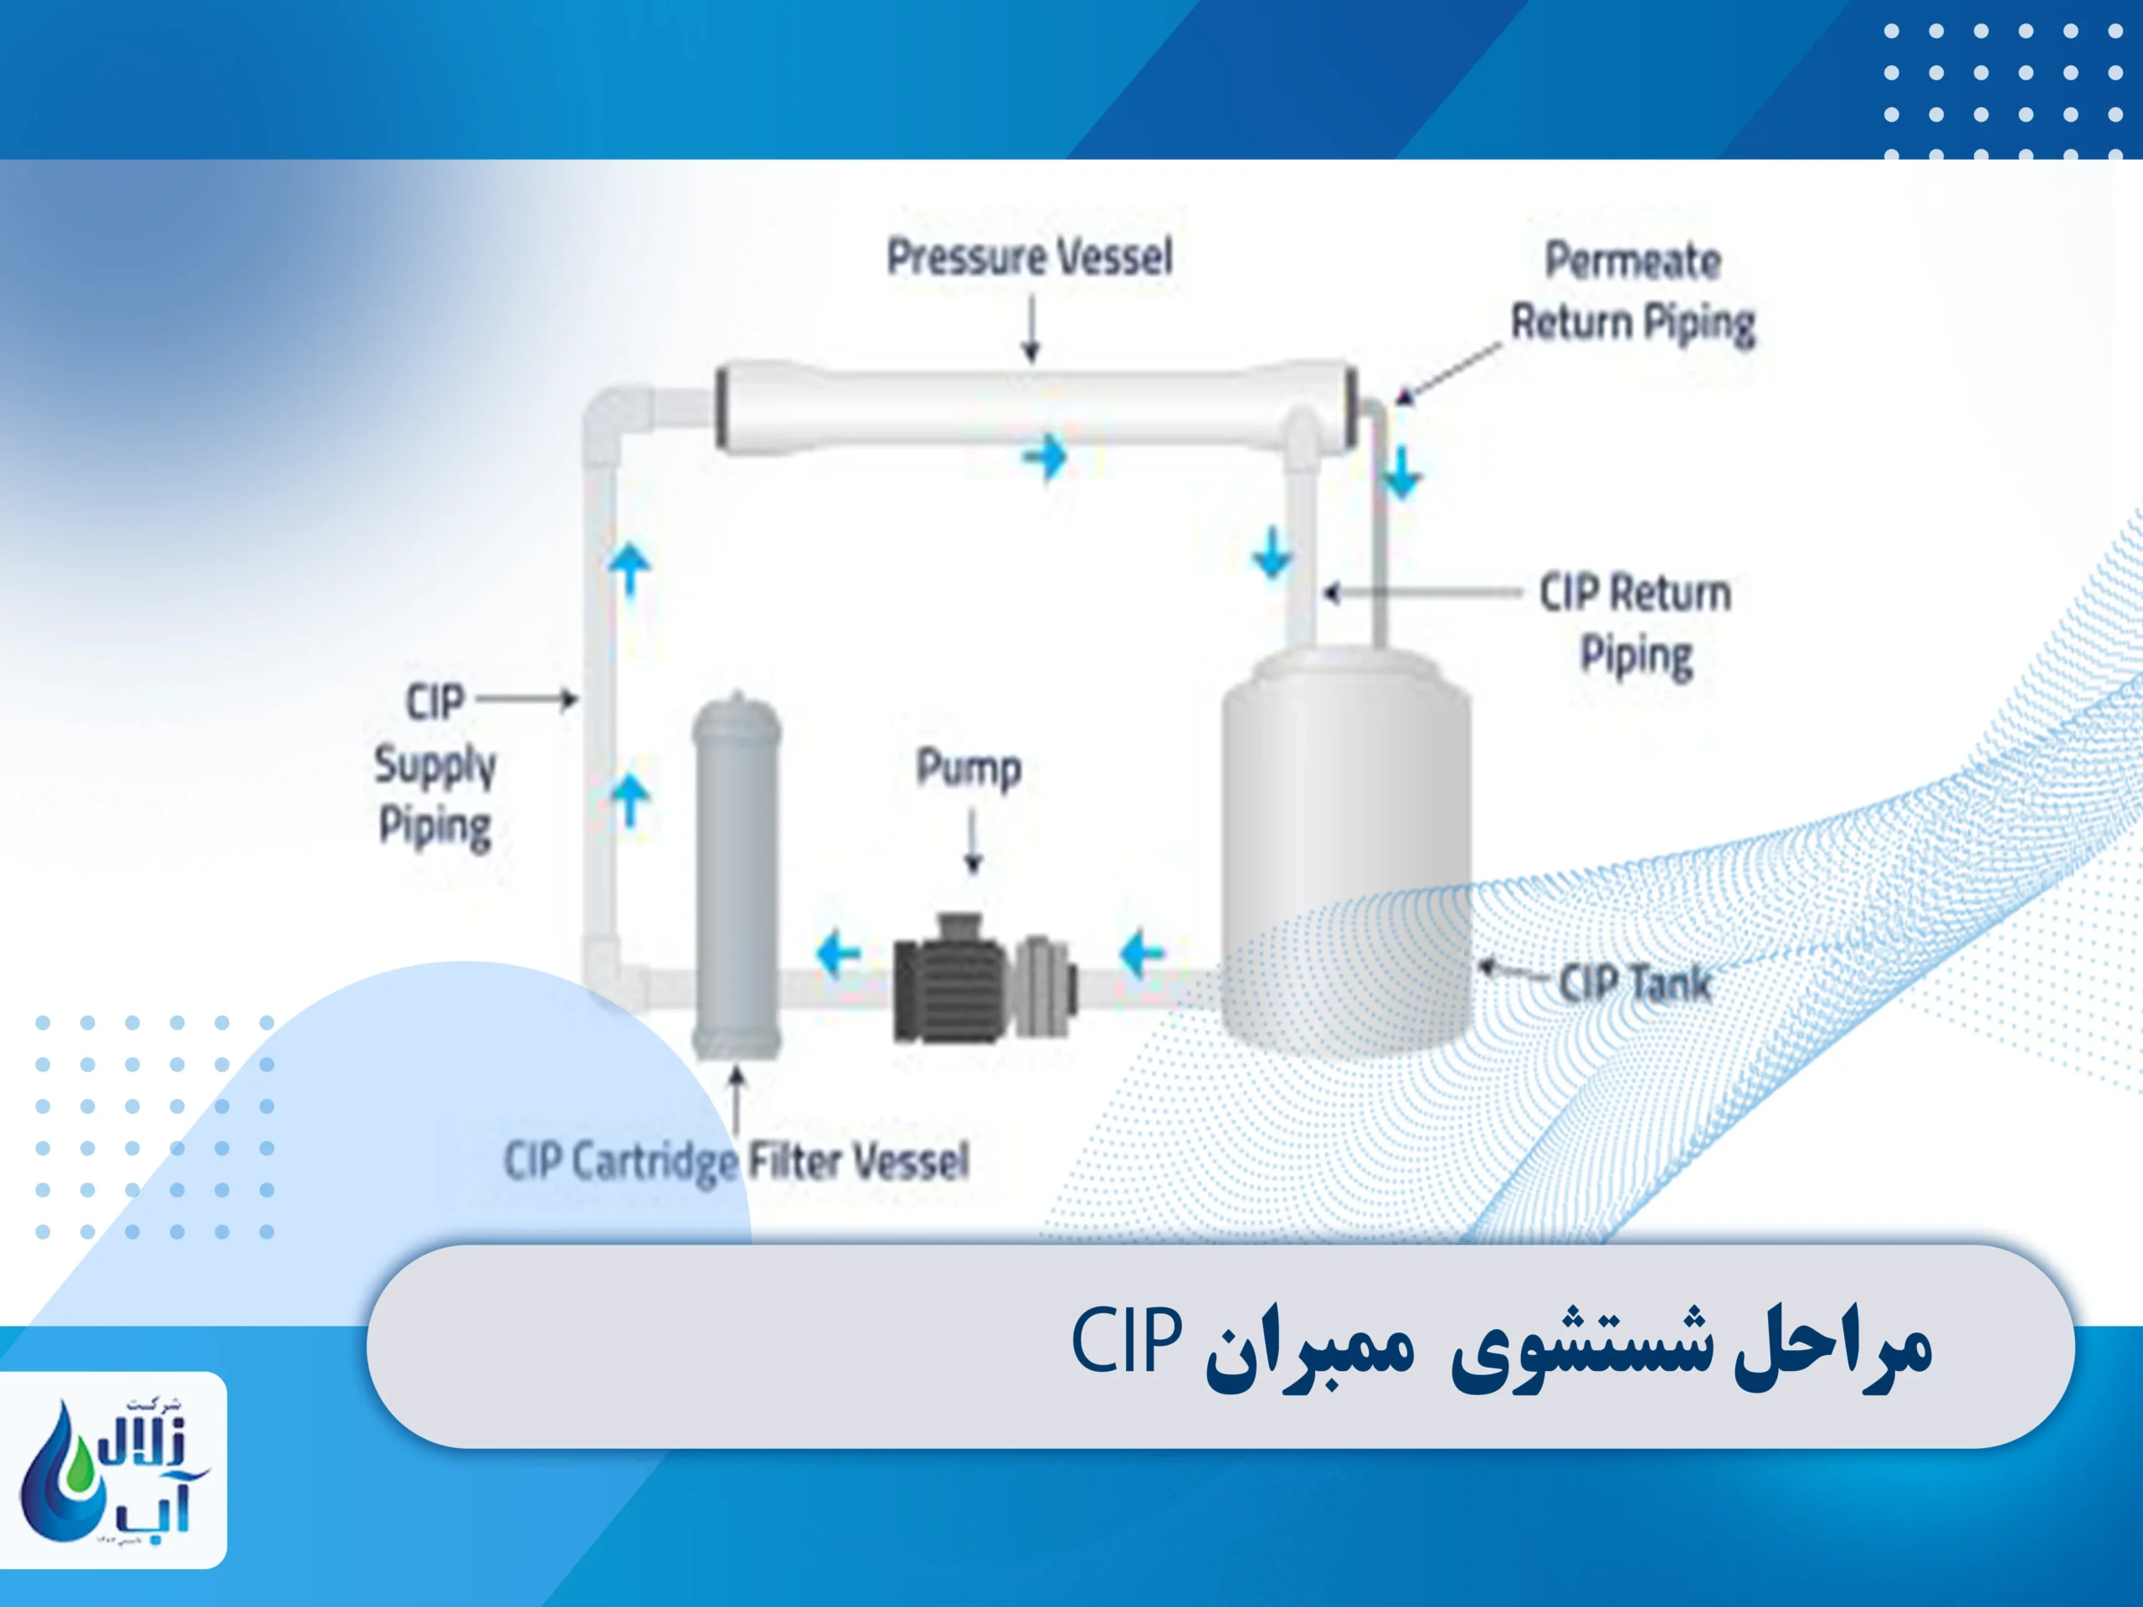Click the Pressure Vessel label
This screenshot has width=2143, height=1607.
(1029, 258)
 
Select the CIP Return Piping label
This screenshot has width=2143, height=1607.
(1636, 624)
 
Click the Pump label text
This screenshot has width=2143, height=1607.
(969, 769)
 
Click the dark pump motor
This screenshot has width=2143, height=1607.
(944, 978)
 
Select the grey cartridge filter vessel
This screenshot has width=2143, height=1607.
(737, 876)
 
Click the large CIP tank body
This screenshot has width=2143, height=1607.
(1346, 852)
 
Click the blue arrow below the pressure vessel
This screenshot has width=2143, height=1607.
(1046, 457)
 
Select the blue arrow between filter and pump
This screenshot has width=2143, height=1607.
(838, 954)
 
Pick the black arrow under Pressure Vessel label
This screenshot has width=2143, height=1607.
(1032, 329)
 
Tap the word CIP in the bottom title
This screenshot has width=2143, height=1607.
(1127, 1341)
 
